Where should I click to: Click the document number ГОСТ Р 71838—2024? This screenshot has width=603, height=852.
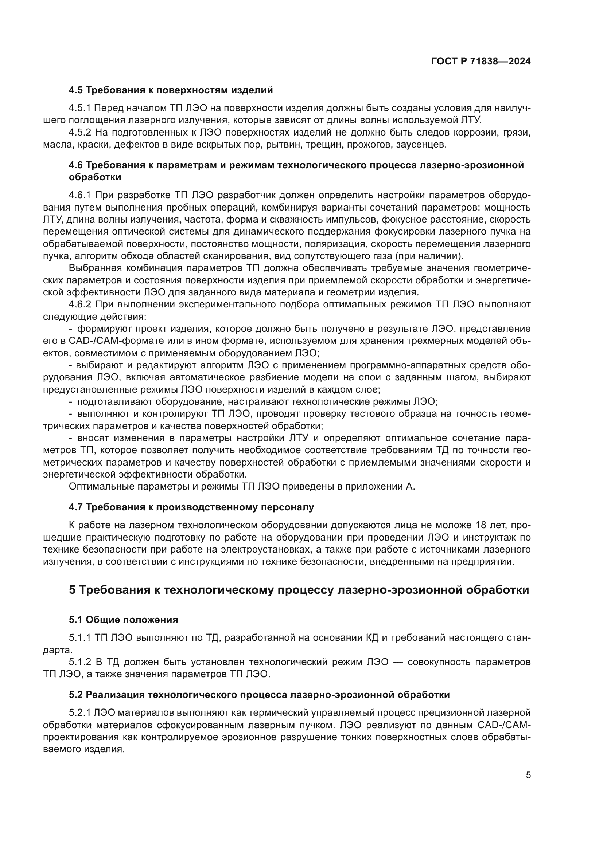(x=481, y=62)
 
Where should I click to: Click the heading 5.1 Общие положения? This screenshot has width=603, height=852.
(x=123, y=620)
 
